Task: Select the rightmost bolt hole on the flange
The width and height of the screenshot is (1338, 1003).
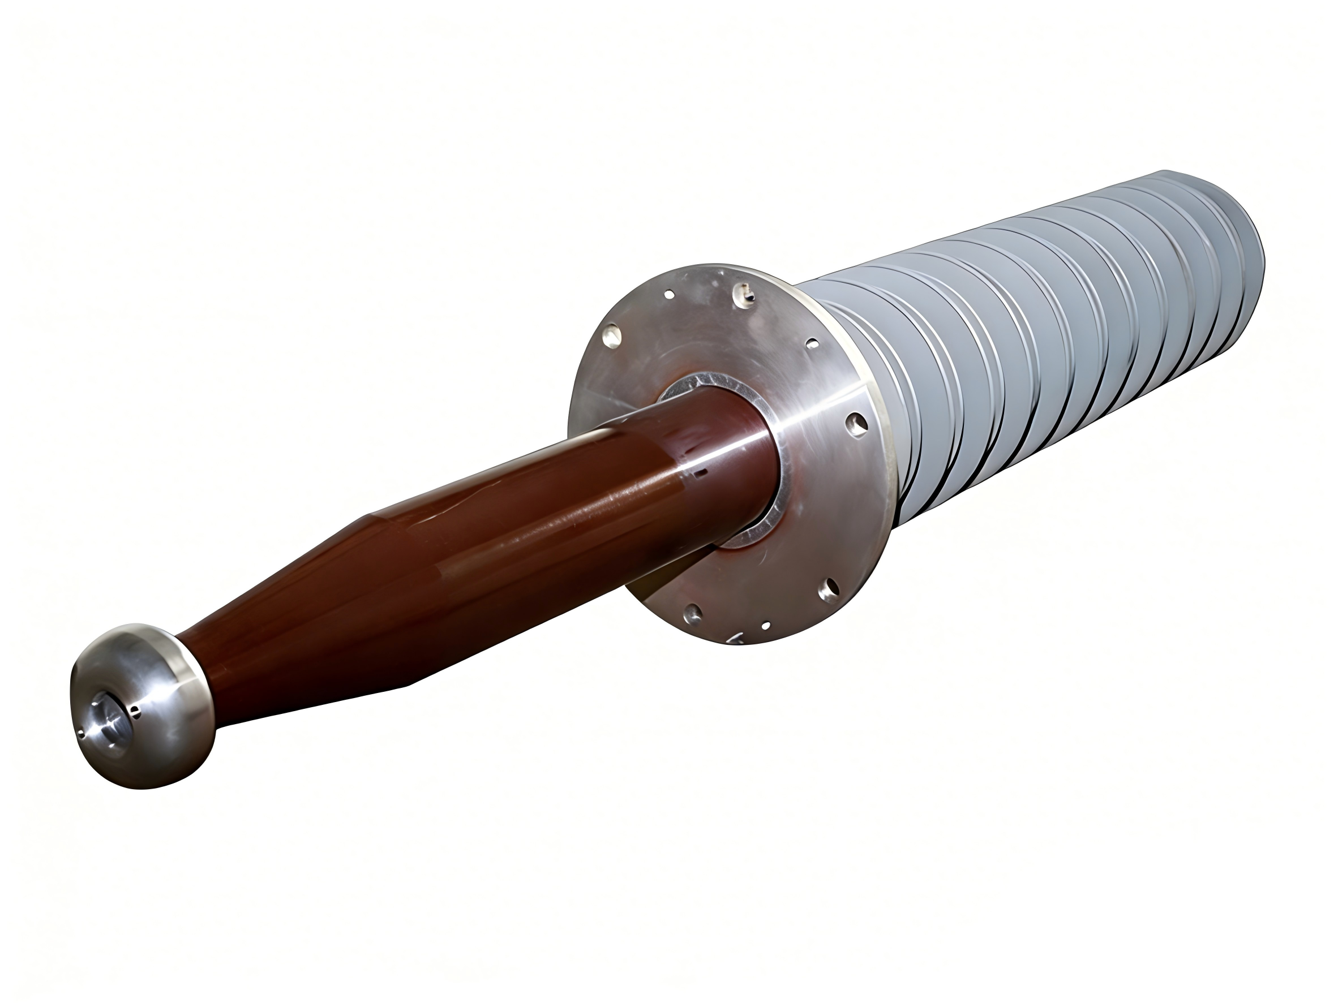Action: click(856, 424)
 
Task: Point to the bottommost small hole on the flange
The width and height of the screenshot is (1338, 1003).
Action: click(766, 626)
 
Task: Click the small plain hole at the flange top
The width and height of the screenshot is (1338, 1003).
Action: click(670, 295)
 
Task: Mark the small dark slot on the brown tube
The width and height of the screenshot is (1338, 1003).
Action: click(702, 469)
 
